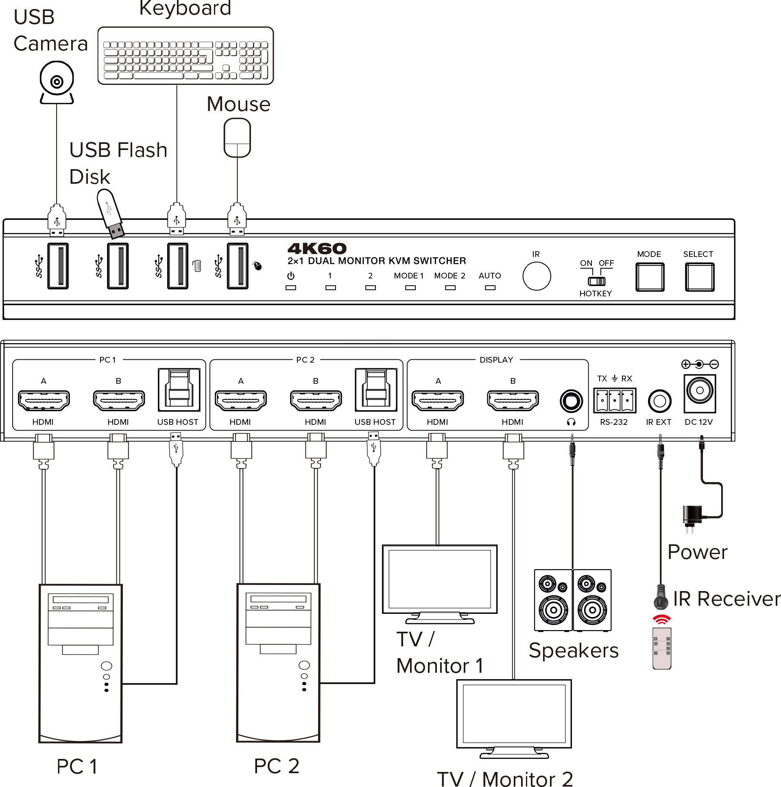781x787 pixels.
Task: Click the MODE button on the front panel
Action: point(649,277)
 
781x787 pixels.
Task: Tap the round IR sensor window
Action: point(537,276)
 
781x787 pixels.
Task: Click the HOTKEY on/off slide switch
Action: point(596,281)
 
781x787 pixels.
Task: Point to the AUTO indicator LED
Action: point(490,287)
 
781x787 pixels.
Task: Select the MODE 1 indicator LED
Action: point(410,287)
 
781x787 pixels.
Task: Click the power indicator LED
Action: point(290,287)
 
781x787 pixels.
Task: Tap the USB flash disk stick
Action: point(111,213)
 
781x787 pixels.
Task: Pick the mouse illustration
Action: point(237,138)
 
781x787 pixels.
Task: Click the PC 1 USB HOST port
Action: point(179,390)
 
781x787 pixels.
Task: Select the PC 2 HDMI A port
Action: point(240,400)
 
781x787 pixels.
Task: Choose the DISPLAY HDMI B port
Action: point(513,400)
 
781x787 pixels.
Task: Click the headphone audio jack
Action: point(571,401)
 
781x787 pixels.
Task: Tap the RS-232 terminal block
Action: point(614,400)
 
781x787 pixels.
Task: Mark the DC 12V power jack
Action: point(700,391)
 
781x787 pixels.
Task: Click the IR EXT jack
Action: point(659,401)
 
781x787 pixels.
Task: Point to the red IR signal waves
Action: point(661,620)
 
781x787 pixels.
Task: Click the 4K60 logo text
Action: point(317,248)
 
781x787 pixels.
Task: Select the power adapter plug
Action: point(692,518)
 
